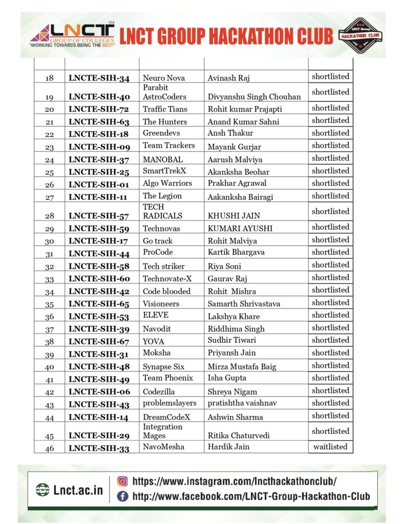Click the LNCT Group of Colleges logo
[72, 35]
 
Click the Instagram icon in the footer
[122, 481]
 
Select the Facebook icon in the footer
[122, 496]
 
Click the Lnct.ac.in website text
[78, 490]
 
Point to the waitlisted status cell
[330, 447]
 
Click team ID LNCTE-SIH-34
[99, 78]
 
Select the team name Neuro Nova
[164, 78]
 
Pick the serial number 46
[50, 447]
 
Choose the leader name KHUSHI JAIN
[230, 216]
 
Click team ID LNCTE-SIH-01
[99, 184]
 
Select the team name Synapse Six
[164, 366]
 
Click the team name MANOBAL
[162, 160]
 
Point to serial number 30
[50, 241]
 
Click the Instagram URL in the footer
[235, 481]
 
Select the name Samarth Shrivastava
[244, 304]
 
